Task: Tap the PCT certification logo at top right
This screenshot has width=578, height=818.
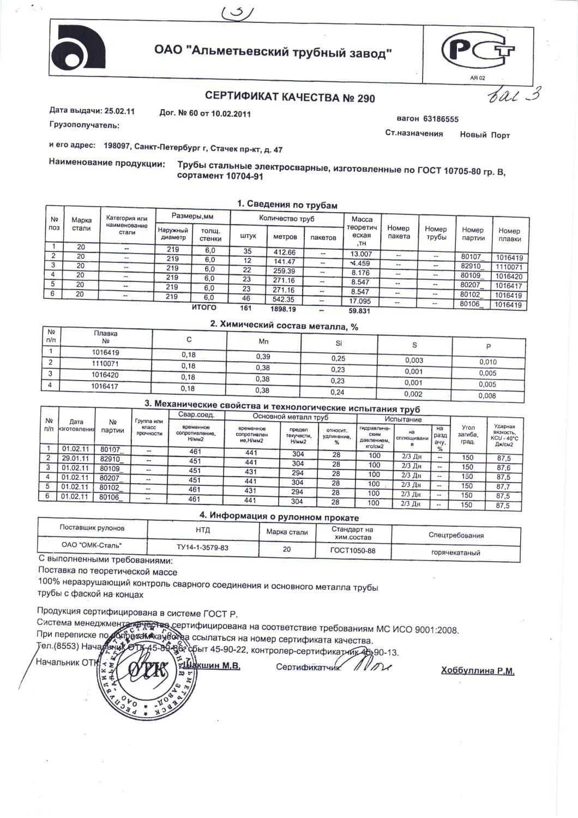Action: pyautogui.click(x=478, y=52)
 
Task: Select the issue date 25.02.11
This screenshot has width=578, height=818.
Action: pyautogui.click(x=119, y=111)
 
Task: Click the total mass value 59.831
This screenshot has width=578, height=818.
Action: pyautogui.click(x=359, y=311)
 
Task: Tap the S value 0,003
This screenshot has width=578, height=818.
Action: pyautogui.click(x=414, y=360)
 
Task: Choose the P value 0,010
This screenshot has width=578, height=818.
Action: pyautogui.click(x=487, y=362)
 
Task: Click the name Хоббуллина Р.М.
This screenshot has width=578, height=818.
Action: pyautogui.click(x=477, y=671)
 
